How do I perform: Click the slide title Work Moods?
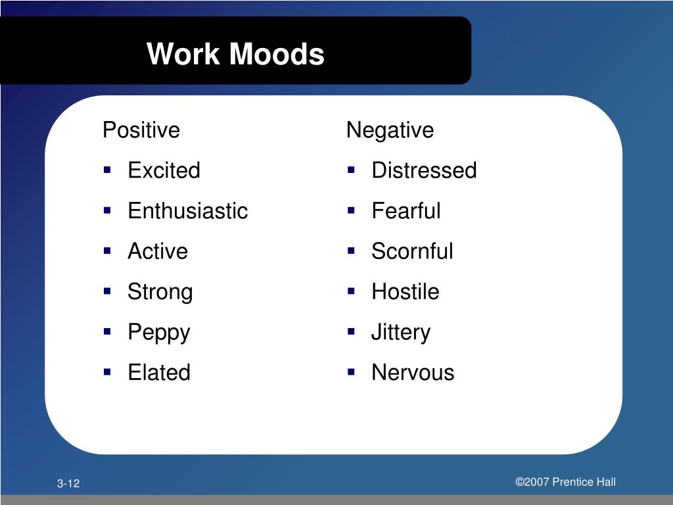(235, 54)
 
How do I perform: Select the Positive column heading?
(141, 130)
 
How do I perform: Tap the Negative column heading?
(390, 130)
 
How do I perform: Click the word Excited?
(164, 171)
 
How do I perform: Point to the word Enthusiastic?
(187, 211)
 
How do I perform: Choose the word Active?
(158, 251)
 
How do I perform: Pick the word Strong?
(160, 292)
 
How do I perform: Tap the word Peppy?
(158, 332)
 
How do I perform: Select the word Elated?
(158, 372)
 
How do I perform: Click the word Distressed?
(424, 171)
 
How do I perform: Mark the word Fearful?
(406, 211)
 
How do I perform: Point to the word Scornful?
(412, 251)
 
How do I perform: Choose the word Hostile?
(405, 292)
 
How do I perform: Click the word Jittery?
(400, 332)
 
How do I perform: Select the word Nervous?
(413, 372)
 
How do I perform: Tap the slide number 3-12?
(68, 484)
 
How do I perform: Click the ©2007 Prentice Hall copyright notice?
(565, 482)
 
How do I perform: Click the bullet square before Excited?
(107, 170)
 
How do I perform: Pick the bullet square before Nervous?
(352, 372)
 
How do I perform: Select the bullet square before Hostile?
(352, 291)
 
